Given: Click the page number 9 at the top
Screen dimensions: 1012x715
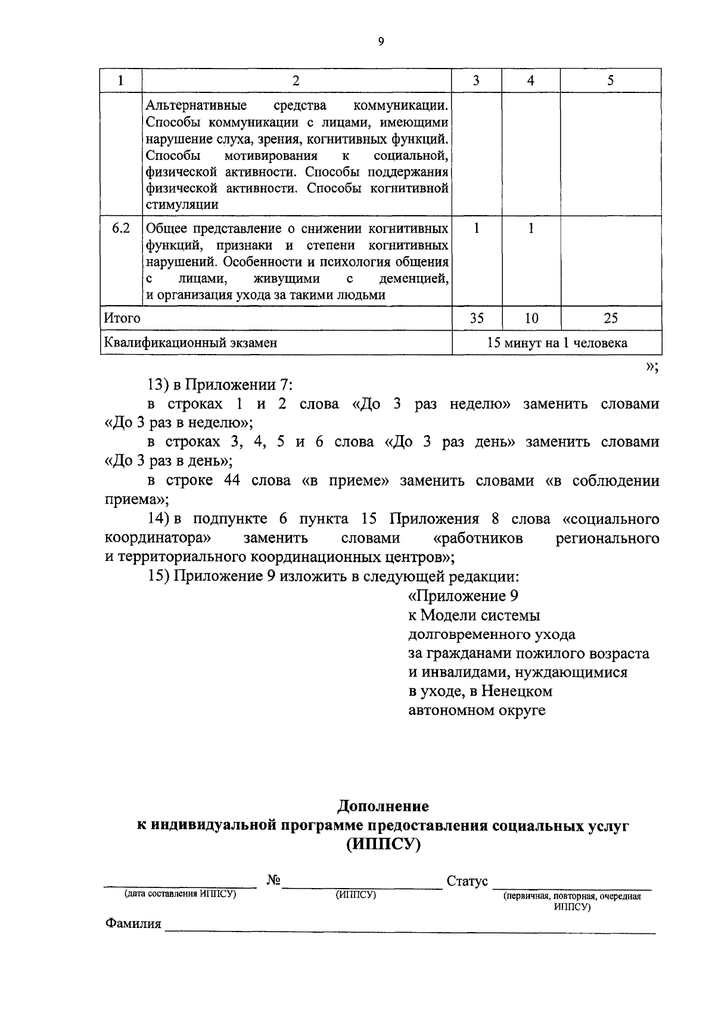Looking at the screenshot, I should (x=381, y=41).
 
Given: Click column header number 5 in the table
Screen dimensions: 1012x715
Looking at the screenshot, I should (x=610, y=81).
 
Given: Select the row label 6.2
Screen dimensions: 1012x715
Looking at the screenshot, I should (x=121, y=228).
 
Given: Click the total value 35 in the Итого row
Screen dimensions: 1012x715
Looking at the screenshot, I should (x=477, y=318).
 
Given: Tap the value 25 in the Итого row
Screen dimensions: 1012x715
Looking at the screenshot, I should (x=611, y=318).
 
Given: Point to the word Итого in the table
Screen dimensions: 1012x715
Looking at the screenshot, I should (x=122, y=318).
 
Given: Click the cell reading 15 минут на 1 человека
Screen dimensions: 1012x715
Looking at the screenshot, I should (x=557, y=343).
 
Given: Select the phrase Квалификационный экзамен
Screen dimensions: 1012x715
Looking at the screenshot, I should (x=191, y=343).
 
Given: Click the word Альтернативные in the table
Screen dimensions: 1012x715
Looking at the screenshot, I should (x=197, y=106).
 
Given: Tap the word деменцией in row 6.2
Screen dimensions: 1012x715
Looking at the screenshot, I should (x=414, y=278).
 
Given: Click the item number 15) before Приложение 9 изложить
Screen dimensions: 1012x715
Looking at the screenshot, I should (x=160, y=576).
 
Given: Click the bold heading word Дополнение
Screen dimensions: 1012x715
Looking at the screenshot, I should (x=383, y=806).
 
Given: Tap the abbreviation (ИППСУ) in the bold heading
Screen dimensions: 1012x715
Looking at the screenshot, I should (x=383, y=845).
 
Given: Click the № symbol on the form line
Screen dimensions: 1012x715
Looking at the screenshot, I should (x=273, y=880).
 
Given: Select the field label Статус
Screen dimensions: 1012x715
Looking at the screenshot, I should (x=467, y=881).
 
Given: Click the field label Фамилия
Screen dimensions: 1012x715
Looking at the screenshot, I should (x=133, y=924).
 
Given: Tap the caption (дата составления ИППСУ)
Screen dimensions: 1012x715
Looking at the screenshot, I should (x=180, y=894).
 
